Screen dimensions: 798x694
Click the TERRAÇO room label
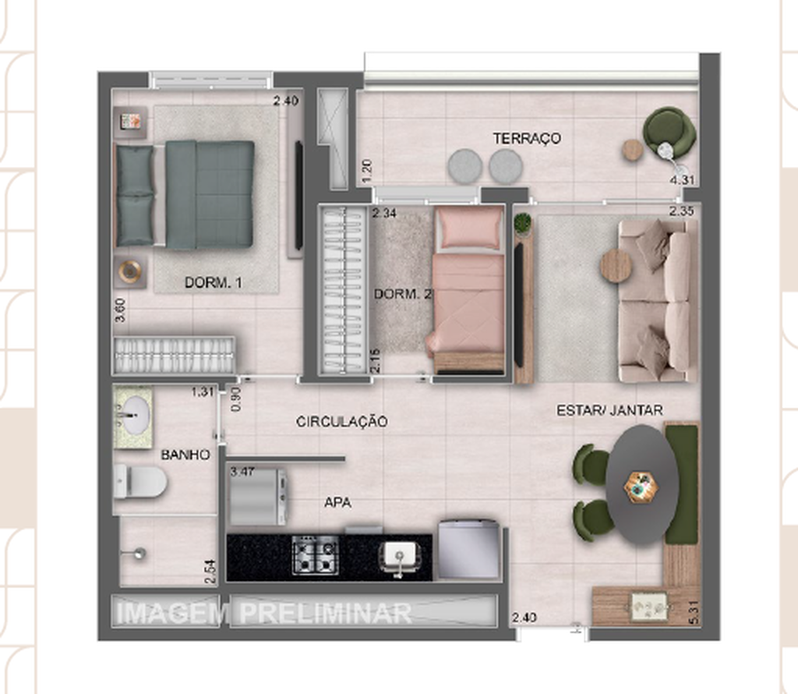click(527, 138)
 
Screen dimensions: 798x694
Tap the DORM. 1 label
click(214, 282)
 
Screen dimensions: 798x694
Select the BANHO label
click(185, 455)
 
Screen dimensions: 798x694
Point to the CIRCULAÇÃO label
click(342, 421)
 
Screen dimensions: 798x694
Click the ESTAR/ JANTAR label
click(609, 410)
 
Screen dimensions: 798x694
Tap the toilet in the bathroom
click(140, 481)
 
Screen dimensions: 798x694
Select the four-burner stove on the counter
click(316, 555)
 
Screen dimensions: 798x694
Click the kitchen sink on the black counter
click(400, 557)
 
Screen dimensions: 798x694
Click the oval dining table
click(641, 484)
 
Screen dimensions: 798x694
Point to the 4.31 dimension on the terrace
click(682, 179)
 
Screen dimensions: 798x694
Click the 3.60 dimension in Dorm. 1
click(120, 310)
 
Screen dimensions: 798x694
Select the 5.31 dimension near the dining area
click(694, 612)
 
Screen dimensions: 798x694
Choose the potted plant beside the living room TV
click(522, 225)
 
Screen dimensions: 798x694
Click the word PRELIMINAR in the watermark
click(326, 613)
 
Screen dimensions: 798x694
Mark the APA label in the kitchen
click(338, 502)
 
